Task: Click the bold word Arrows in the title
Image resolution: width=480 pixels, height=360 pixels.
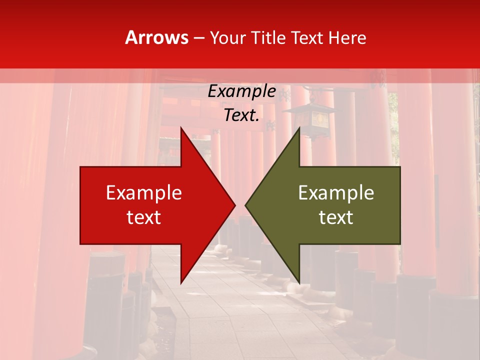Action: pyautogui.click(x=156, y=38)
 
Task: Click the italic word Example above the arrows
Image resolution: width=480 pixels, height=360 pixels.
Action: pyautogui.click(x=241, y=91)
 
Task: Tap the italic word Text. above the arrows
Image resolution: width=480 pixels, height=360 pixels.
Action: pyautogui.click(x=241, y=115)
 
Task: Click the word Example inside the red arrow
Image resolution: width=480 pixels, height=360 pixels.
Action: pyautogui.click(x=143, y=193)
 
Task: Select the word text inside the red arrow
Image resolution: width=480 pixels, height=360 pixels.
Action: pyautogui.click(x=143, y=217)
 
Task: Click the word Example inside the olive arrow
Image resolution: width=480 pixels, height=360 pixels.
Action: pyautogui.click(x=336, y=193)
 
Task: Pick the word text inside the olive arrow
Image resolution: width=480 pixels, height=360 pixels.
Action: pyautogui.click(x=336, y=217)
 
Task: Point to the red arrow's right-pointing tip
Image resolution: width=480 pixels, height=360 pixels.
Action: pyautogui.click(x=234, y=205)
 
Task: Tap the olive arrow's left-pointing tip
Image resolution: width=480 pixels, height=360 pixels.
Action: pyautogui.click(x=246, y=205)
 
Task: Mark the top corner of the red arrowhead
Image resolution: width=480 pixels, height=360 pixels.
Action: pyautogui.click(x=181, y=128)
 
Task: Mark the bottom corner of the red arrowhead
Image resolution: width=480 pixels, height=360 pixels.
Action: pyautogui.click(x=181, y=282)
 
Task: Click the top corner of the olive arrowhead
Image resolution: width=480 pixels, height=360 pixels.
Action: pyautogui.click(x=299, y=128)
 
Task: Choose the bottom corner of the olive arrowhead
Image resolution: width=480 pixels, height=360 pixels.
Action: pyautogui.click(x=299, y=282)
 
